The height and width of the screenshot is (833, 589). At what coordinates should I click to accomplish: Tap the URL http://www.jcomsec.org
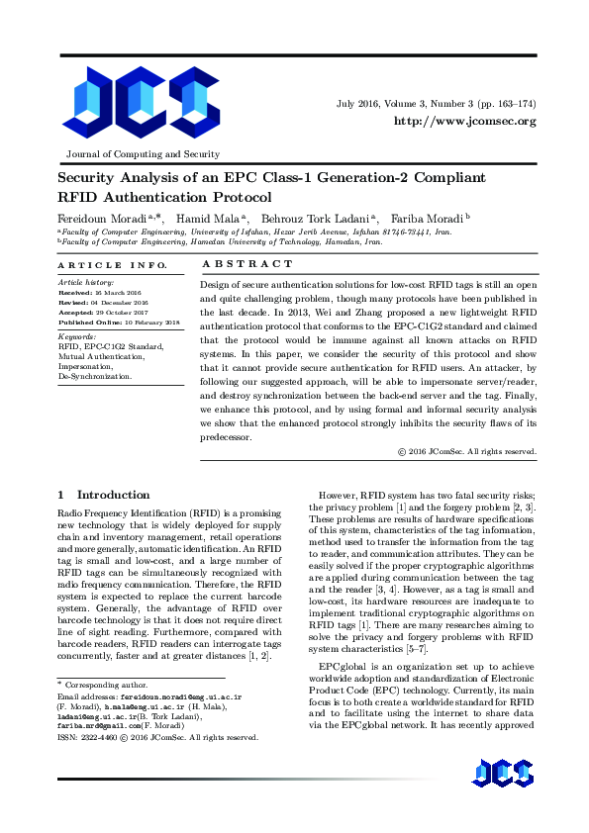(464, 121)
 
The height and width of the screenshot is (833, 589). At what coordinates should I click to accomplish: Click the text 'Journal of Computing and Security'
(143, 154)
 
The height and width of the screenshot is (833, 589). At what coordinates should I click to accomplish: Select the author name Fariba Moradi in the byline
(428, 217)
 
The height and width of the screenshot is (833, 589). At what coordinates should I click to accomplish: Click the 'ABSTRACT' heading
(247, 264)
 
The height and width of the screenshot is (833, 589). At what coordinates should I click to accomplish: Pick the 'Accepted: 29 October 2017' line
(102, 313)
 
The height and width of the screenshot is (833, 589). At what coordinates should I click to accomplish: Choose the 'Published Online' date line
(118, 323)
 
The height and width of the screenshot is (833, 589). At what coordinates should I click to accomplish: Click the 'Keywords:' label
(77, 336)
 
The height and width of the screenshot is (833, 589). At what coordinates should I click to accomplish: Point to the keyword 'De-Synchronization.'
(94, 377)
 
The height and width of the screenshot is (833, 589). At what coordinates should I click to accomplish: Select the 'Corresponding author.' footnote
(102, 685)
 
